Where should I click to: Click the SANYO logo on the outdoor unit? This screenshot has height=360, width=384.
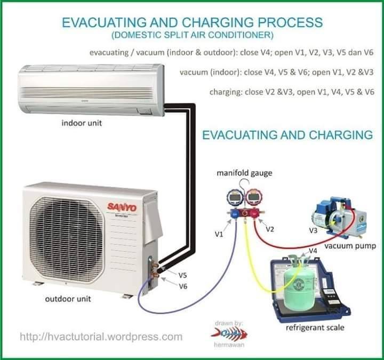click(122, 207)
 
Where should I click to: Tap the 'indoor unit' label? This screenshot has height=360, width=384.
click(82, 123)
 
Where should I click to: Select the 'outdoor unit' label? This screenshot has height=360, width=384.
click(68, 299)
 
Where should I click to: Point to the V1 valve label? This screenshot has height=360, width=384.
click(219, 234)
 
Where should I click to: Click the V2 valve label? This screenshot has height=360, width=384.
click(270, 229)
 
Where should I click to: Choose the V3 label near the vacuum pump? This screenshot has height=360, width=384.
click(313, 230)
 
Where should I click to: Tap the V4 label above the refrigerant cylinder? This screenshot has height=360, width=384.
click(313, 251)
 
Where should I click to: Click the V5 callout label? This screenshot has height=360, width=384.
click(182, 276)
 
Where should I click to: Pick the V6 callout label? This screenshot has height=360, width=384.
click(183, 286)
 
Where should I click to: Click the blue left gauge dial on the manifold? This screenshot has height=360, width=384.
click(234, 198)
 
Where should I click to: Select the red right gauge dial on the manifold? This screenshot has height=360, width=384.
click(254, 197)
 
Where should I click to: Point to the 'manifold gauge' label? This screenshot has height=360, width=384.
click(244, 173)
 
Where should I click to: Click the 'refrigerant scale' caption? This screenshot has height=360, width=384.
click(315, 327)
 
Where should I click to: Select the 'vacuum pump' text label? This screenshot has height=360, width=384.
click(350, 246)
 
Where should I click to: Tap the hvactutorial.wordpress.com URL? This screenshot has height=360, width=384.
click(101, 337)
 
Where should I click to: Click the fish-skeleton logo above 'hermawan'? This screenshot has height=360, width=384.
click(229, 333)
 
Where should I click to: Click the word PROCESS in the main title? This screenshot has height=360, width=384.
click(290, 22)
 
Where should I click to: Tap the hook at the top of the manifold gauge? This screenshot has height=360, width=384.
click(244, 183)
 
